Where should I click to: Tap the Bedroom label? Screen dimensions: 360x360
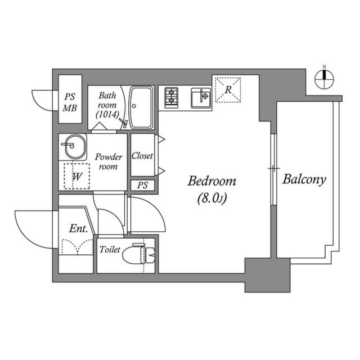[211, 182]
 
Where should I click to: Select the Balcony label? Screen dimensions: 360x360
[304, 180]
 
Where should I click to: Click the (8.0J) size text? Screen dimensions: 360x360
[211, 199]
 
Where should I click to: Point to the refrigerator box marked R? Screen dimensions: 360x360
[228, 90]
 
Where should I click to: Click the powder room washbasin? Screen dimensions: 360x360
[73, 148]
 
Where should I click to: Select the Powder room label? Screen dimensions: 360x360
[108, 162]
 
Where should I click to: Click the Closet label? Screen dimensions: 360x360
[142, 156]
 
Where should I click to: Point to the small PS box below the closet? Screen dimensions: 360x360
[142, 185]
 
